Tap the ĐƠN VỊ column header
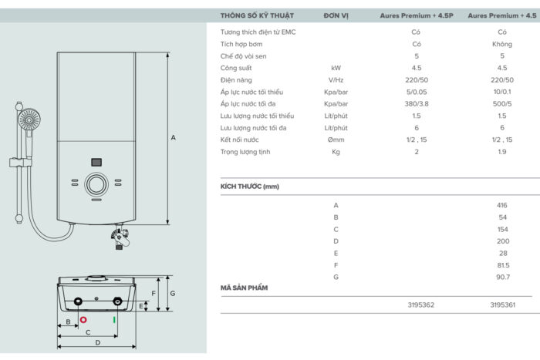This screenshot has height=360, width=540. coord(336,15)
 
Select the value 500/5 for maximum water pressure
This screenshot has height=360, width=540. coord(502,103)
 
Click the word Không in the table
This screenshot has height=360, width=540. coord(502,45)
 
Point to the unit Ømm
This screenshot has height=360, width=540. coord(336,140)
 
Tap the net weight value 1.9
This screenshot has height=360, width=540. coord(502,152)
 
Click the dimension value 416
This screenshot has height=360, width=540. coord(502,206)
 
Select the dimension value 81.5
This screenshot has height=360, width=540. coord(502,264)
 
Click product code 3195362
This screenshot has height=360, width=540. coord(421,305)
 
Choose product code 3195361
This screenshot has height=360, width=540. coord(502,305)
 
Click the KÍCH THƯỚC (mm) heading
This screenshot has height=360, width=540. coord(250,187)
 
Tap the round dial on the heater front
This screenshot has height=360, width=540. coord(97,184)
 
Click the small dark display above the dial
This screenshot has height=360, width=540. coord(97,163)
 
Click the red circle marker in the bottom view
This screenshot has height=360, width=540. coord(83,318)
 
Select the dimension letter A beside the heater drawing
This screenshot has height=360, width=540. coord(174,137)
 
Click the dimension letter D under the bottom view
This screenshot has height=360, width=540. coord(97,342)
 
